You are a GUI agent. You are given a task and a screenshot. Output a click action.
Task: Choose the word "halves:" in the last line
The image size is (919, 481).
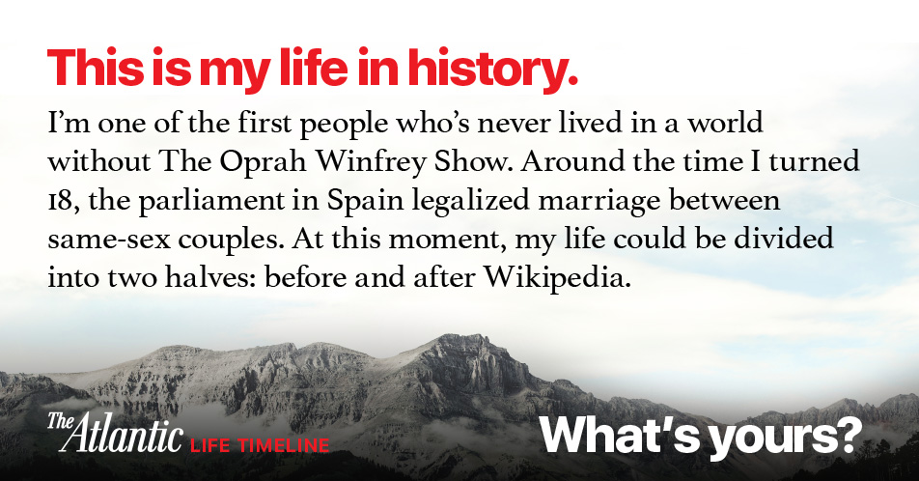tap(210, 277)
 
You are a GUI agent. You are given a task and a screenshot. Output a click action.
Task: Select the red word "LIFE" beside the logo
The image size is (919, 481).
tap(211, 446)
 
